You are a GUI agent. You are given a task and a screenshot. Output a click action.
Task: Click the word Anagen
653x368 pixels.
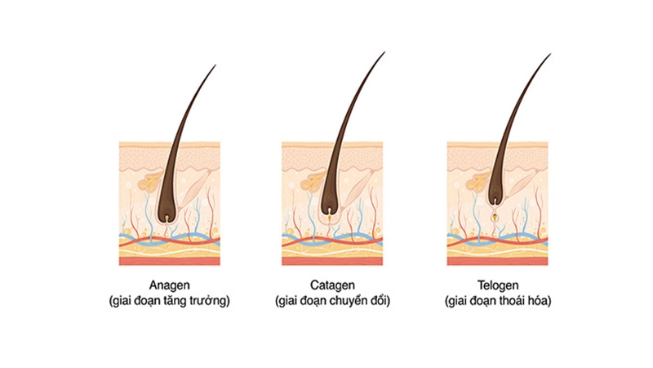(170, 285)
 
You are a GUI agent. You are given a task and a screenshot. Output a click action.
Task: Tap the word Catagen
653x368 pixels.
(332, 285)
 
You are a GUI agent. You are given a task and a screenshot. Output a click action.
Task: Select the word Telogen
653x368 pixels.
(498, 285)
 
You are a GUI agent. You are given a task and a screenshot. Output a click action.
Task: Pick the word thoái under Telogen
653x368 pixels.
(513, 301)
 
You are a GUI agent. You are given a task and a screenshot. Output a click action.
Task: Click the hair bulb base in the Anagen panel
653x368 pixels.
(167, 218)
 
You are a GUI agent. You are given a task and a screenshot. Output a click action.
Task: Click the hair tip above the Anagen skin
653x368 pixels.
(215, 65)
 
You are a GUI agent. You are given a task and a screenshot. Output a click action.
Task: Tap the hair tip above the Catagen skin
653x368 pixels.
(384, 52)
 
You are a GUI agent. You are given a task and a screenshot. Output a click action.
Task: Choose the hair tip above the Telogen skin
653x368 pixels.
(550, 54)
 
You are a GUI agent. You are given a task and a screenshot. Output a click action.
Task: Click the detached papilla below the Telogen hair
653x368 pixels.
(495, 216)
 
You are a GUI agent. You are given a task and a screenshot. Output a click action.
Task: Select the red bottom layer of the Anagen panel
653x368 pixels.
(170, 261)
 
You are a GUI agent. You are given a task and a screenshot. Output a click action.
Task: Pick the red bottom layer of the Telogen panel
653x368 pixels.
(498, 261)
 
